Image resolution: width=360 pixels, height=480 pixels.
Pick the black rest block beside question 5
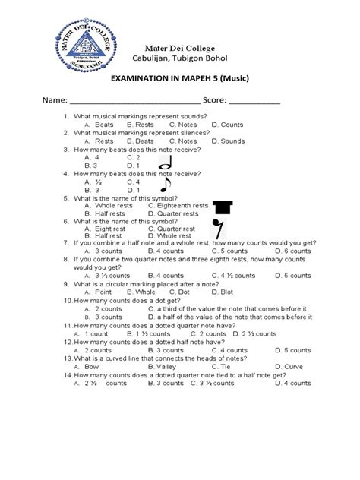coord(223,208)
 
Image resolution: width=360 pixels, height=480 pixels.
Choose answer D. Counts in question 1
coord(227,124)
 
